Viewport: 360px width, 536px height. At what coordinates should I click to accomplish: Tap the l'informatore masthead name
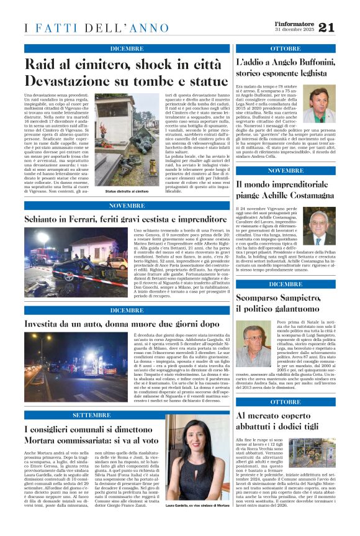click(x=294, y=23)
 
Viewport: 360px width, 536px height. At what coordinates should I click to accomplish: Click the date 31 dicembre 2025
click(x=294, y=30)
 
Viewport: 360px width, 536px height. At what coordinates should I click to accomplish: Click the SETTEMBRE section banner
click(x=92, y=414)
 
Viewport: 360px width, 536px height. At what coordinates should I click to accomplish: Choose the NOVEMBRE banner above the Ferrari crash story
click(x=127, y=206)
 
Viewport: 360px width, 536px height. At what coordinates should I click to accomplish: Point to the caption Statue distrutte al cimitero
click(x=127, y=193)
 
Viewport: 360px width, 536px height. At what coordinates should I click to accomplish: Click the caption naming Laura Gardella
click(x=197, y=524)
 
